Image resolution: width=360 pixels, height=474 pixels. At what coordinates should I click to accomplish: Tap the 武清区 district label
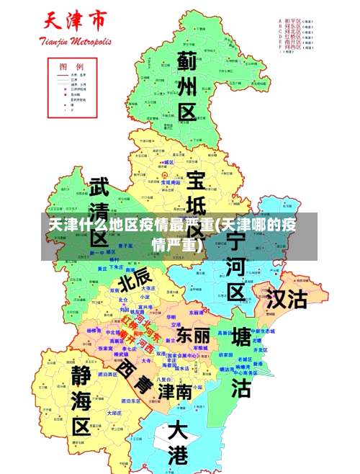[x=99, y=209]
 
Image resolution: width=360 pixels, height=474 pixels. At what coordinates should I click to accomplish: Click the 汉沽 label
[x=286, y=299]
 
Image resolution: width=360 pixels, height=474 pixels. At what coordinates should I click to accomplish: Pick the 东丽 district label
[x=193, y=335]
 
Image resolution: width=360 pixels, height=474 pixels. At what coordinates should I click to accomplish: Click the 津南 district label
[x=175, y=392]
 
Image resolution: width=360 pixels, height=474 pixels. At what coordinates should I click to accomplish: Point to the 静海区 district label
[x=81, y=400]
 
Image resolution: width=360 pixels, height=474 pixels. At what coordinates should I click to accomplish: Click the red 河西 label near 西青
[x=140, y=342]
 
